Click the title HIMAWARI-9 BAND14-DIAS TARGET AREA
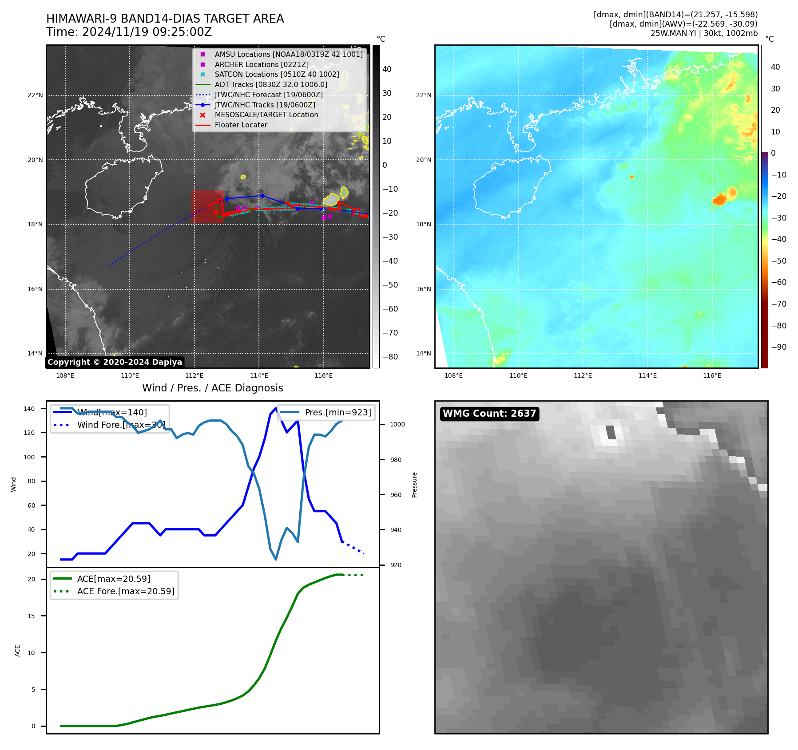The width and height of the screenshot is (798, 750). coord(165,19)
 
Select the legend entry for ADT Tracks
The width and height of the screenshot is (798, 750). coord(270,84)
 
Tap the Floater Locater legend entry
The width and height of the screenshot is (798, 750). coord(241,125)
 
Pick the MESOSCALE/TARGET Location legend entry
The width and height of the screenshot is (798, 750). coord(266,115)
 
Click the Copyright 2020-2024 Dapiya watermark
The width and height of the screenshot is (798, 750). coord(115,362)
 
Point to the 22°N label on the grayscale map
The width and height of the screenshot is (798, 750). coord(35,95)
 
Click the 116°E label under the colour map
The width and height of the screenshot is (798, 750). coord(712,375)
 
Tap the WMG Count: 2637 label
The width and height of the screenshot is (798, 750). coord(489,414)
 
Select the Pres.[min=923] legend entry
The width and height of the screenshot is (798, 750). coord(337,412)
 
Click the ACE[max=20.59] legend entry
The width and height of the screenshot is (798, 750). coord(113,579)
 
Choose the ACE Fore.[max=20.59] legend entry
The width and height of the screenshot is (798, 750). coord(125,591)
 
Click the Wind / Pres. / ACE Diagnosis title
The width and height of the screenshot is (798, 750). coord(212,388)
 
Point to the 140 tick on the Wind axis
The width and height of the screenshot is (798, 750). coord(29,409)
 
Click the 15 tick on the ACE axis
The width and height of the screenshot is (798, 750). coord(31,616)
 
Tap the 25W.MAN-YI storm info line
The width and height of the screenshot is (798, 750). coord(704,33)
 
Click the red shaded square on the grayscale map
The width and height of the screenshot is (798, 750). coord(207,206)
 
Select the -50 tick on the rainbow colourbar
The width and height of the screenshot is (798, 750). coord(778,261)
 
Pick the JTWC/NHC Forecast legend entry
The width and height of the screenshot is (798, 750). coord(268,95)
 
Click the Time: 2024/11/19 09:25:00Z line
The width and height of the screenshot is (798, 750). coord(129,32)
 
